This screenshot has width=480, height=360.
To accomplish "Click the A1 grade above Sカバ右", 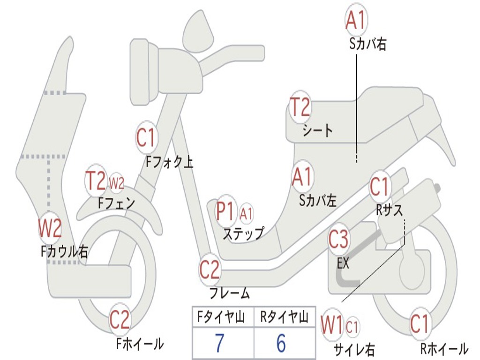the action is tap(356, 20).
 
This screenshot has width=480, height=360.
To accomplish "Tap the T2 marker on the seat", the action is tap(300, 106).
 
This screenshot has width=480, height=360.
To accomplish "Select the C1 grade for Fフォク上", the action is tap(146, 137).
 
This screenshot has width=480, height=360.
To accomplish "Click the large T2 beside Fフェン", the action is tap(96, 180).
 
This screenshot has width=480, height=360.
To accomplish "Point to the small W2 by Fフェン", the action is tap(117, 183).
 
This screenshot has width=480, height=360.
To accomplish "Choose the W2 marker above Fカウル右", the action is tap(50, 228).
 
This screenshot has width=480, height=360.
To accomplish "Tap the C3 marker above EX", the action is tap(338, 239).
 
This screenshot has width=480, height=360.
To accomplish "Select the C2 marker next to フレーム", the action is tap(210, 269).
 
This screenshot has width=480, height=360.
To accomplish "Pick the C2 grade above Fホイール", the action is tap(120, 319).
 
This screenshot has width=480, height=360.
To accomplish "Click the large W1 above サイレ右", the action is tap(331, 325).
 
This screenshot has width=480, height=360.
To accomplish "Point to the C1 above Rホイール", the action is tap(420, 323).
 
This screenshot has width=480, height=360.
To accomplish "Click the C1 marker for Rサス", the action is tap(380, 186).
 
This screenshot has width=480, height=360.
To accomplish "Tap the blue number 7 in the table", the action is tap(219, 343).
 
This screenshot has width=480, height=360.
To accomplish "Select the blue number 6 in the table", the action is tap(281, 343).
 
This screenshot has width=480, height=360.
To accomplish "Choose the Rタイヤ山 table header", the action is tap(284, 316).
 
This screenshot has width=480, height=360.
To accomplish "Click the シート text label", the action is tap(318, 130).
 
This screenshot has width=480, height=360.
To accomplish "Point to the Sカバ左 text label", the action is tap(318, 201).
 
